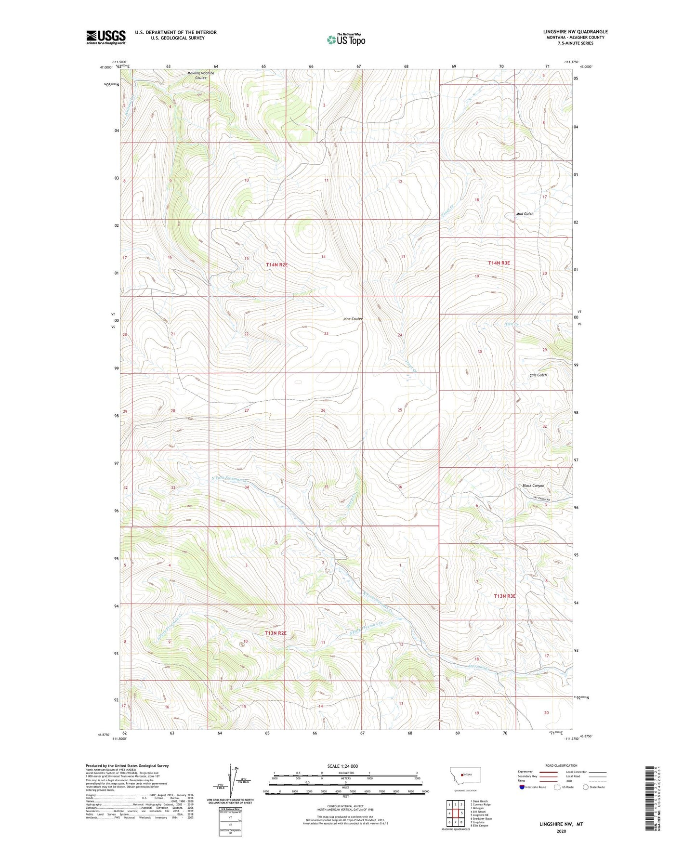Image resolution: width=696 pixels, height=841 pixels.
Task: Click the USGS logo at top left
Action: point(106,37)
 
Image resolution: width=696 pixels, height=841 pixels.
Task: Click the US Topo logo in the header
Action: point(345,39)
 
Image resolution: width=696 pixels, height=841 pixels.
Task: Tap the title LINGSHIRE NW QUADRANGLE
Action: point(575,32)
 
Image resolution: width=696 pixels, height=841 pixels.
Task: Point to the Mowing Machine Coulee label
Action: point(200,75)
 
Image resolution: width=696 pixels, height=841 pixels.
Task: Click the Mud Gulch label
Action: point(525,214)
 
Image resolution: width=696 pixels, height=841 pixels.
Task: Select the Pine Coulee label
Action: point(353,319)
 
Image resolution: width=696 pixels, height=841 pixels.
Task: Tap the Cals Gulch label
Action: point(538,375)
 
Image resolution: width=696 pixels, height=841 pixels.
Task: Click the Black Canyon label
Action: point(533,486)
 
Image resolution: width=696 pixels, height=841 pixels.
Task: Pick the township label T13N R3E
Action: point(505,596)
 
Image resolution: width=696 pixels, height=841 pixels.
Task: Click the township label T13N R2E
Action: point(276,633)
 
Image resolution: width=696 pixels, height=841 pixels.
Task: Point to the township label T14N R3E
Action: point(499,263)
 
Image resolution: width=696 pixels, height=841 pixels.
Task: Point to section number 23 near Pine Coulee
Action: point(326,333)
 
